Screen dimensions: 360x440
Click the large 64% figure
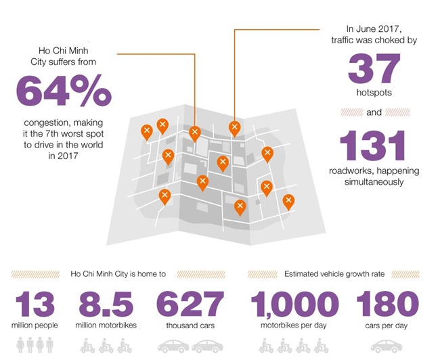[x=63, y=91]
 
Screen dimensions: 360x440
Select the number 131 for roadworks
[x=373, y=145]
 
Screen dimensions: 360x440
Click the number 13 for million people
[x=35, y=303]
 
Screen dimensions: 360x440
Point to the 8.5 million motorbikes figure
[x=106, y=303]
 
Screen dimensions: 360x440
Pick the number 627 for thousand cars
[x=190, y=303]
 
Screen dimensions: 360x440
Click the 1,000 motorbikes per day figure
[x=294, y=303]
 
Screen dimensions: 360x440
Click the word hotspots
[x=374, y=92]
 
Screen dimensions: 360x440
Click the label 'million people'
[x=35, y=325]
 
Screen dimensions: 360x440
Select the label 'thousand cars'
[x=190, y=325]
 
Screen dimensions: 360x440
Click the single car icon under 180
[x=386, y=346]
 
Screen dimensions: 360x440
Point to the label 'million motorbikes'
[x=106, y=325]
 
